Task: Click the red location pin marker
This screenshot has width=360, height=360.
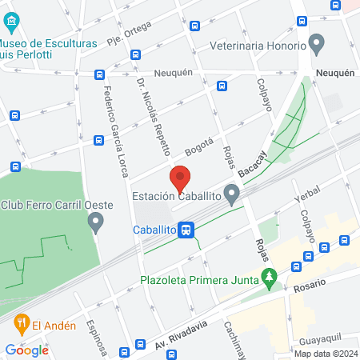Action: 179,178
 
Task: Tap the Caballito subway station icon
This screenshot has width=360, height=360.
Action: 186,230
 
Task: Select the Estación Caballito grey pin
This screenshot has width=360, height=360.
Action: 232,194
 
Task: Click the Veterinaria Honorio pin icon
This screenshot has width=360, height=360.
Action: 316,42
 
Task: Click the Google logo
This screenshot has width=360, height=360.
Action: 26,350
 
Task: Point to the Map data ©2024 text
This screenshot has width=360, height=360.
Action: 325,353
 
